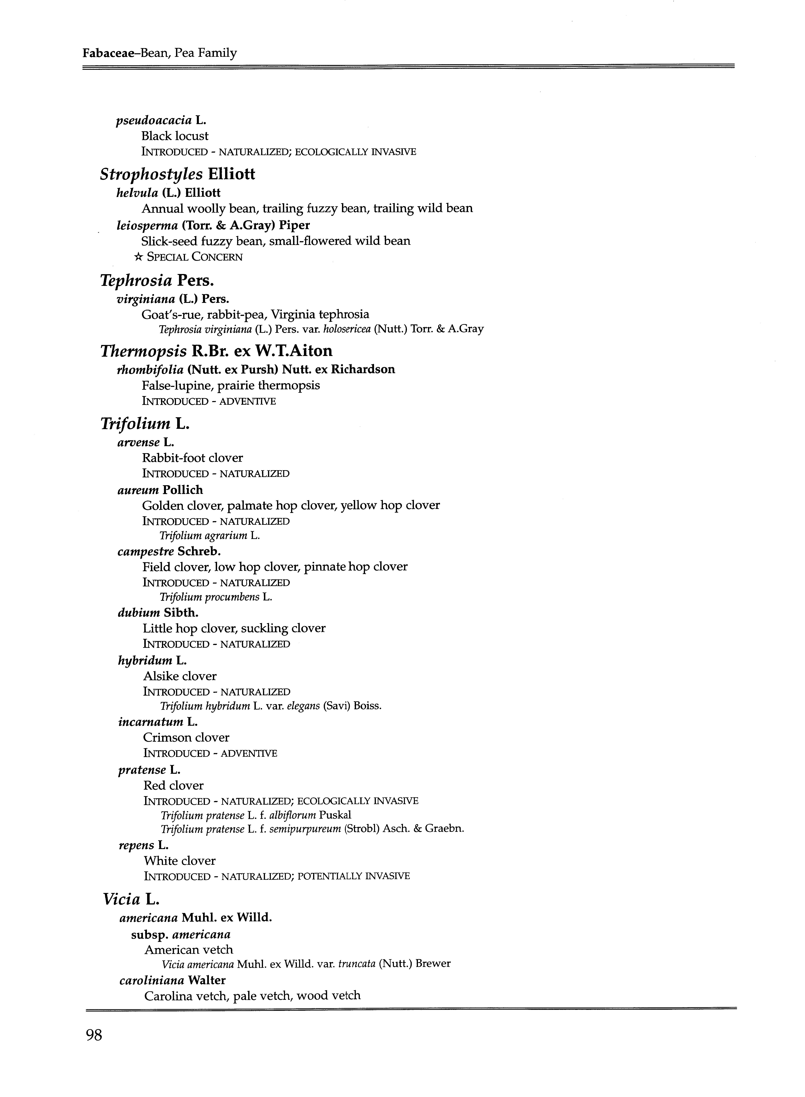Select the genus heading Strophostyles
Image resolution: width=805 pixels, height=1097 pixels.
pyautogui.click(x=151, y=174)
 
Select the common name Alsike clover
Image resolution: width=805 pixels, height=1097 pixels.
pyautogui.click(x=180, y=676)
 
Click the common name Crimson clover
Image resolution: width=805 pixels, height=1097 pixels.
pyautogui.click(x=186, y=738)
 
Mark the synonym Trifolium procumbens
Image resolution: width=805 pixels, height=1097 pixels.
pyautogui.click(x=210, y=597)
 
